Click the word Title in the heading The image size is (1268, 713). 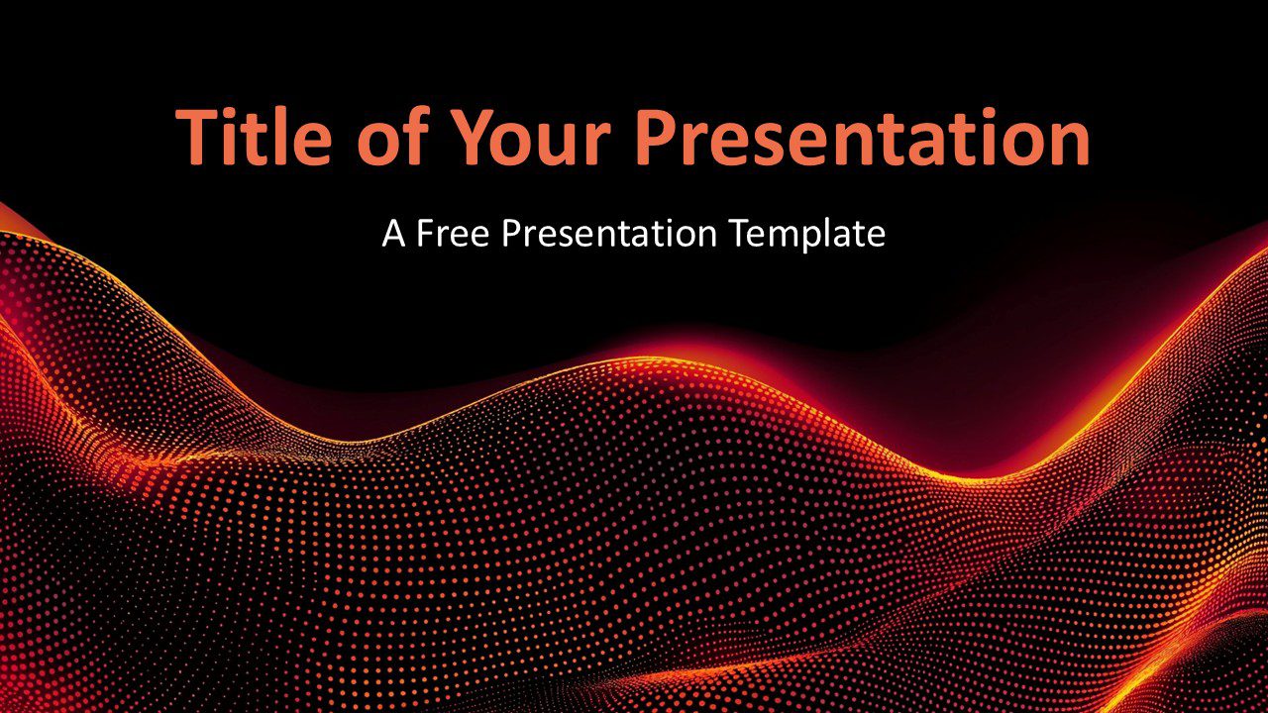pos(253,137)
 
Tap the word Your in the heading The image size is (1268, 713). pos(531,138)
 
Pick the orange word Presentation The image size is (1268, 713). pos(863,137)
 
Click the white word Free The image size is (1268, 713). pos(453,233)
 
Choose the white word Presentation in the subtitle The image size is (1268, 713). pos(609,233)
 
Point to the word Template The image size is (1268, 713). pos(807,234)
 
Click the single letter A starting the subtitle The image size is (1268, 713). pos(393,233)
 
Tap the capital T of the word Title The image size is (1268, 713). pos(196,138)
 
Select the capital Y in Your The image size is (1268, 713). pos(474,138)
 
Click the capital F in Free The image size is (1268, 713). pos(426,233)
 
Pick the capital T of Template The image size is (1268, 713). pos(741,233)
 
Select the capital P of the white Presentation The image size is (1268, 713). pos(512,233)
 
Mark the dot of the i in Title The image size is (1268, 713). pos(230,113)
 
